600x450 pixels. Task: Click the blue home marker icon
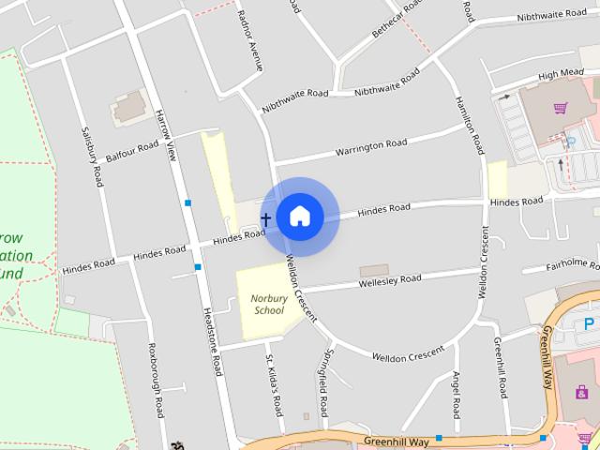pos(299,216)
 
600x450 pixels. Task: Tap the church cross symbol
pos(265,220)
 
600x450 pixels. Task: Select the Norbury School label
pos(268,304)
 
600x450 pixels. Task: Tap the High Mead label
pos(562,73)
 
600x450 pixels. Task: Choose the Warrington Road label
pos(371,146)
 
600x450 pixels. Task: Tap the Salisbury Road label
pos(92,157)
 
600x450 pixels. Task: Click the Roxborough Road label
pos(157,385)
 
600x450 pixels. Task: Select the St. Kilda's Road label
pos(274,385)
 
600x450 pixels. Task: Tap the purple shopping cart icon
pos(561,109)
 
